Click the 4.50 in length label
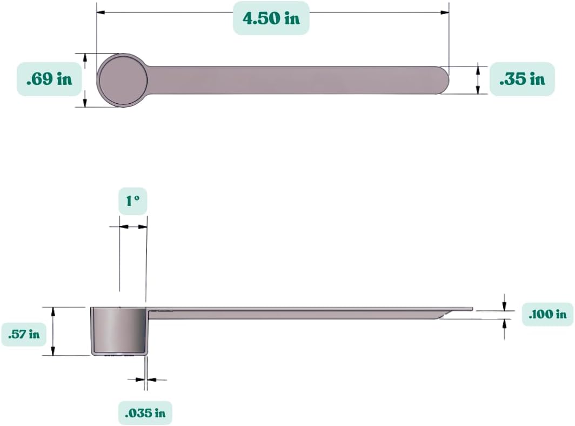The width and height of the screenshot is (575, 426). pyautogui.click(x=271, y=18)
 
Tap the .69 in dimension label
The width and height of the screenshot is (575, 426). pyautogui.click(x=49, y=79)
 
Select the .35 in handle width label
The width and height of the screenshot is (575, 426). pyautogui.click(x=522, y=79)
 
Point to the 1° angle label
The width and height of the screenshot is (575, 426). pyautogui.click(x=133, y=202)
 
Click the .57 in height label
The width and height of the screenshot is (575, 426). pyautogui.click(x=24, y=335)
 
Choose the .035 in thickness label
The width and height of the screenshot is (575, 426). pyautogui.click(x=145, y=414)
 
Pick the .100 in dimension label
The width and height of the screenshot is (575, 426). pyautogui.click(x=547, y=314)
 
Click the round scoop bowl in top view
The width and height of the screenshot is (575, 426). pyautogui.click(x=122, y=80)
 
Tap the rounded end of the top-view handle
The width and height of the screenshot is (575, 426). pyautogui.click(x=442, y=80)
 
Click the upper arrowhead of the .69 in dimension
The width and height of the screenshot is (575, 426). pyautogui.click(x=84, y=57)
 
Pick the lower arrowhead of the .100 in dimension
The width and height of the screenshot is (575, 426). pyautogui.click(x=505, y=323)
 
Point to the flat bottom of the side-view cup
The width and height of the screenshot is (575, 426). pyautogui.click(x=118, y=354)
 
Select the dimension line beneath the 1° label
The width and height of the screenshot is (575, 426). pyautogui.click(x=133, y=227)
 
